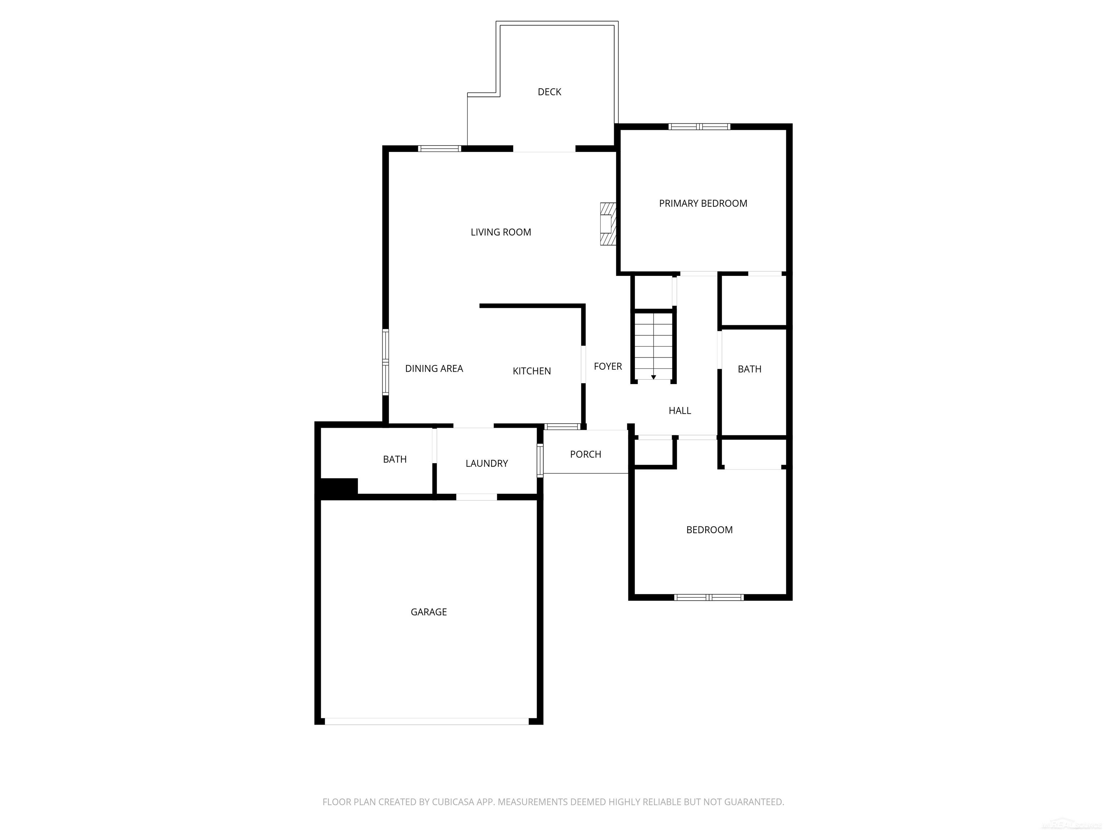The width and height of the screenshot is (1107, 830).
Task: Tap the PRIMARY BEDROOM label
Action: pos(703,204)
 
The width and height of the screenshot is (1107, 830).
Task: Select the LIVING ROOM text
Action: pos(501,232)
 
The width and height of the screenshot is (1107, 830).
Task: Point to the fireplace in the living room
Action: pos(608,224)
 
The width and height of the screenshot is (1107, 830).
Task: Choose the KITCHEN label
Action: pos(532,371)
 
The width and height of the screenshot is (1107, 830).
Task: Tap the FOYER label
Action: pos(608,367)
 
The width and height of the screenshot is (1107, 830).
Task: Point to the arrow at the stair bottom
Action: pos(653,377)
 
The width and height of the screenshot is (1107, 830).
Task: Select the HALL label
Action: pos(680,411)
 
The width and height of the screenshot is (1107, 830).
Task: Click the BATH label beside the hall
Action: pos(749,369)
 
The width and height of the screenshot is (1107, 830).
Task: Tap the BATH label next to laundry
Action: pos(394,459)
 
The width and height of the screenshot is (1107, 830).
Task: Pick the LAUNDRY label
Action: pos(486,464)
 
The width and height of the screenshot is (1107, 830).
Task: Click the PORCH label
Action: pos(585,454)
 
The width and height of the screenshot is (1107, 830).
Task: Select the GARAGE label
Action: pos(428,612)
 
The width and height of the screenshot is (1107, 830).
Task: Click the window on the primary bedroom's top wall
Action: pos(699,126)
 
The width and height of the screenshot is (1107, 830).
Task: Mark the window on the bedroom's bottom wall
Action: pos(709,597)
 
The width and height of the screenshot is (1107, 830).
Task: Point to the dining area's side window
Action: pos(385,362)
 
